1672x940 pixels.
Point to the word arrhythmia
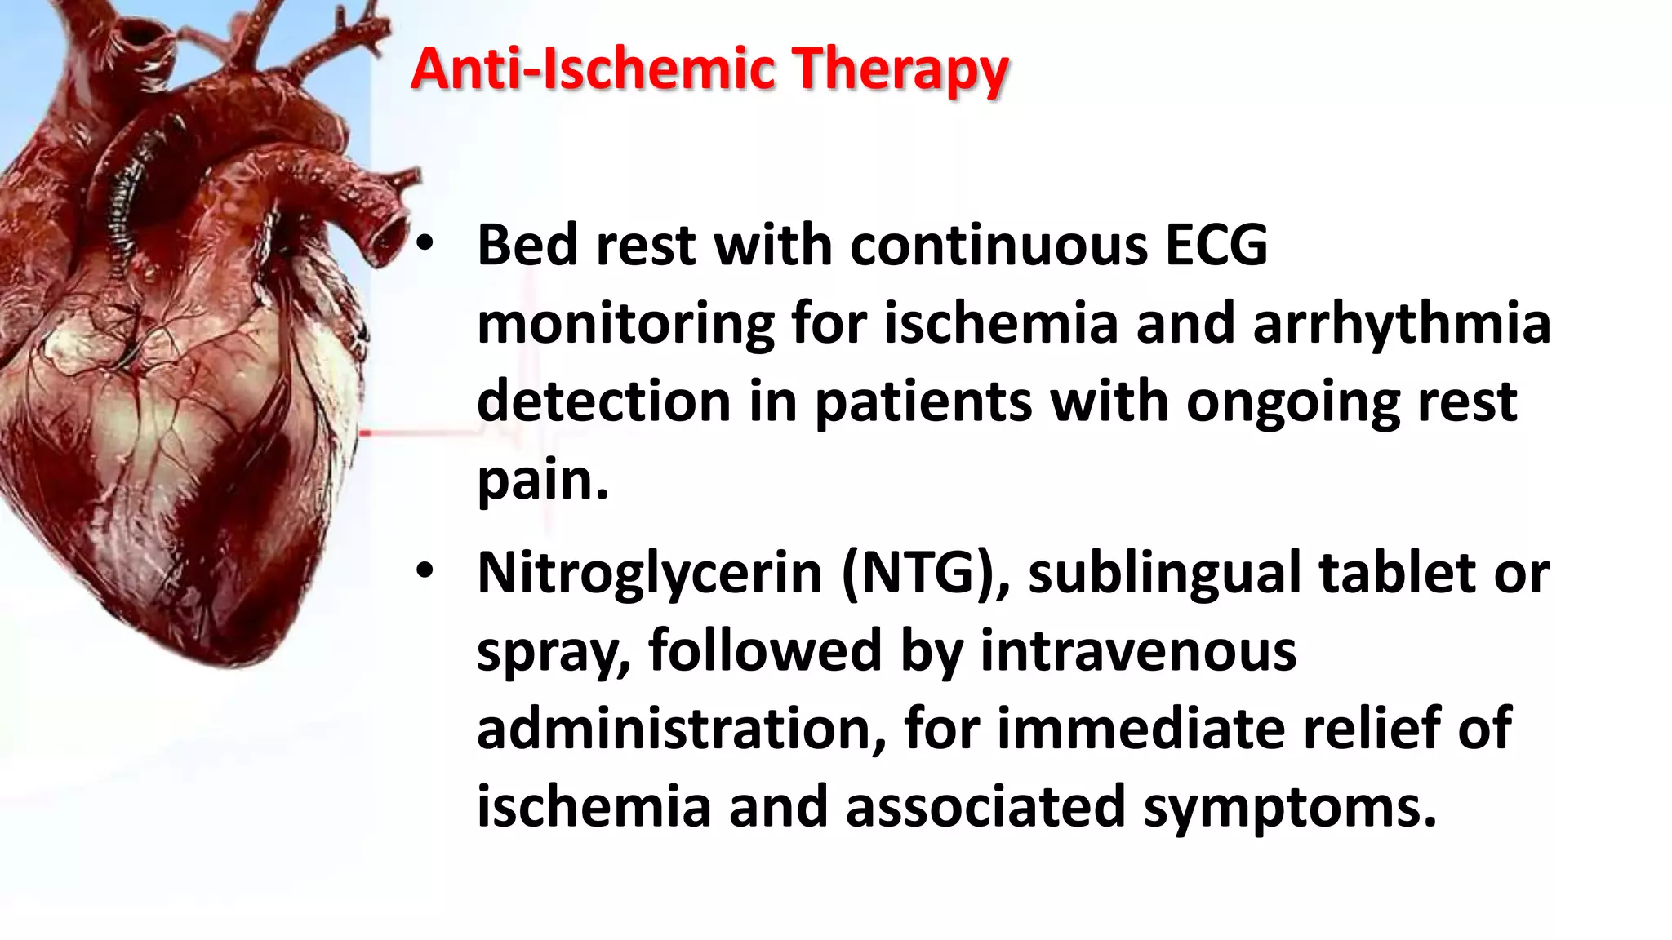point(1401,322)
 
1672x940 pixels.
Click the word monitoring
point(625,324)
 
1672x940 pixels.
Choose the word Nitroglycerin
point(650,573)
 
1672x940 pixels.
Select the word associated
point(985,806)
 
